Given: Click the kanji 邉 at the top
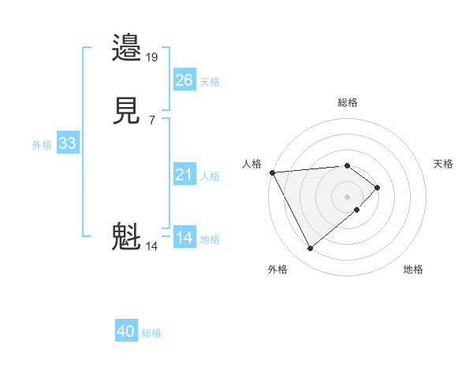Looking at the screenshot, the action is [128, 48].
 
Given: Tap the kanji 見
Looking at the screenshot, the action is [128, 111].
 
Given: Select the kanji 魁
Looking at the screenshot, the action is [128, 237].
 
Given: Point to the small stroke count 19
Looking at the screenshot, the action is [152, 57].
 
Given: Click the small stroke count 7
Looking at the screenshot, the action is [151, 120].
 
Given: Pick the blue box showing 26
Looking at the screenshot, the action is [184, 80].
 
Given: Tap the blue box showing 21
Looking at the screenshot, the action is [184, 175].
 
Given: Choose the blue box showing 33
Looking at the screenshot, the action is [68, 143].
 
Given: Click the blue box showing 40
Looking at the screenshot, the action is [126, 331].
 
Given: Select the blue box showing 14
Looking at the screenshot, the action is [184, 238].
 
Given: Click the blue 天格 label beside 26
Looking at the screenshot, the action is [210, 81].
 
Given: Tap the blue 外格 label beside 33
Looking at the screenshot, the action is [42, 145].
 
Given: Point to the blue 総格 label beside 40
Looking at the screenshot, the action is [151, 333].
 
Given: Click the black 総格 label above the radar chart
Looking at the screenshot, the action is [347, 102].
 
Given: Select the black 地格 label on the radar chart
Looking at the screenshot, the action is [413, 269].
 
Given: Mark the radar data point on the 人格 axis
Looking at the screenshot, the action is [272, 172].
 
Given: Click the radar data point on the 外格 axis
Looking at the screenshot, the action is [310, 249].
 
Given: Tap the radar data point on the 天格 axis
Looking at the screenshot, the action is [378, 187].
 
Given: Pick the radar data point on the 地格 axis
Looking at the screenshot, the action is [357, 210].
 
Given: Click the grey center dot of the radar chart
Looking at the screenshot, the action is [347, 196].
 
